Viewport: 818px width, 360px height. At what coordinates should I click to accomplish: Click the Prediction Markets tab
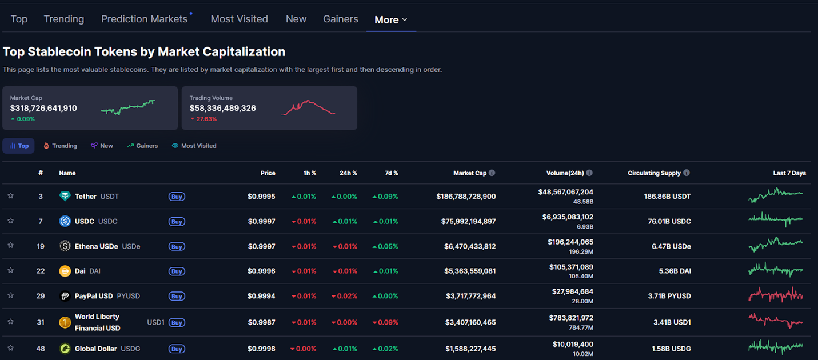[145, 19]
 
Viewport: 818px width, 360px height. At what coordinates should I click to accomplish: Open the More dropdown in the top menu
[391, 19]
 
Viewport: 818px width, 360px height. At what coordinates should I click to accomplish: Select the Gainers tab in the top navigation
[340, 19]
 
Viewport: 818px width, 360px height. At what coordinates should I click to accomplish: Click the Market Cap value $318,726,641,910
[43, 108]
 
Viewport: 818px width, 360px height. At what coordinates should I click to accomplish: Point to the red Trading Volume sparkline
[308, 108]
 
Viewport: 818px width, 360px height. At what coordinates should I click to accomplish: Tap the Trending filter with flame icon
[60, 146]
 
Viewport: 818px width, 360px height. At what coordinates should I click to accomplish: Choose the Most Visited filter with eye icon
[194, 146]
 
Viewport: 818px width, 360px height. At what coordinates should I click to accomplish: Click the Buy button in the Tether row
[177, 197]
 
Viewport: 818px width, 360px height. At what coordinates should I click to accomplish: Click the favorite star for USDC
[10, 221]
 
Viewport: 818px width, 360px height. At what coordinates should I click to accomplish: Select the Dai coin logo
[65, 271]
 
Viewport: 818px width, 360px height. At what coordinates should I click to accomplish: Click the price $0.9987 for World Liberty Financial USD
[261, 322]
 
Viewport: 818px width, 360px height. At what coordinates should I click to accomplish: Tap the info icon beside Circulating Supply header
[687, 173]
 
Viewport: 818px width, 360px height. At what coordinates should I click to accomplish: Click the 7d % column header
[392, 173]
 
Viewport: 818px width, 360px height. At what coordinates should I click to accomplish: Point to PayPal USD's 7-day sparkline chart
[776, 295]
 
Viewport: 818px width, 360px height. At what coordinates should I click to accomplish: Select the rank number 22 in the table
[41, 271]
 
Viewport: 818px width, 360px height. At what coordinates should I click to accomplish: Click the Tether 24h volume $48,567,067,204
[565, 192]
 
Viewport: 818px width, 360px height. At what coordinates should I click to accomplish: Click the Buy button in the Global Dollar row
[177, 349]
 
